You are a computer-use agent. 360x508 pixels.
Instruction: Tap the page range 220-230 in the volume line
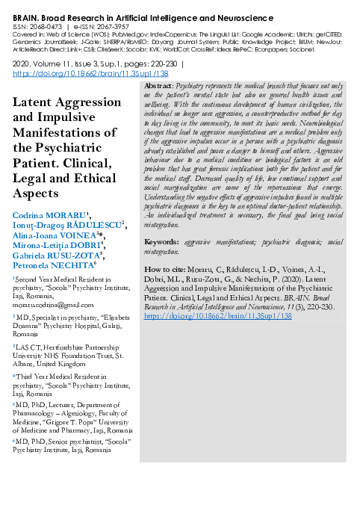(x=156, y=66)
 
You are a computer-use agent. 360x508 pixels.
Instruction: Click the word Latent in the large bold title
(x=33, y=102)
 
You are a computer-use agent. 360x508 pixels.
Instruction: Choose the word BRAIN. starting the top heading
(x=25, y=13)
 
